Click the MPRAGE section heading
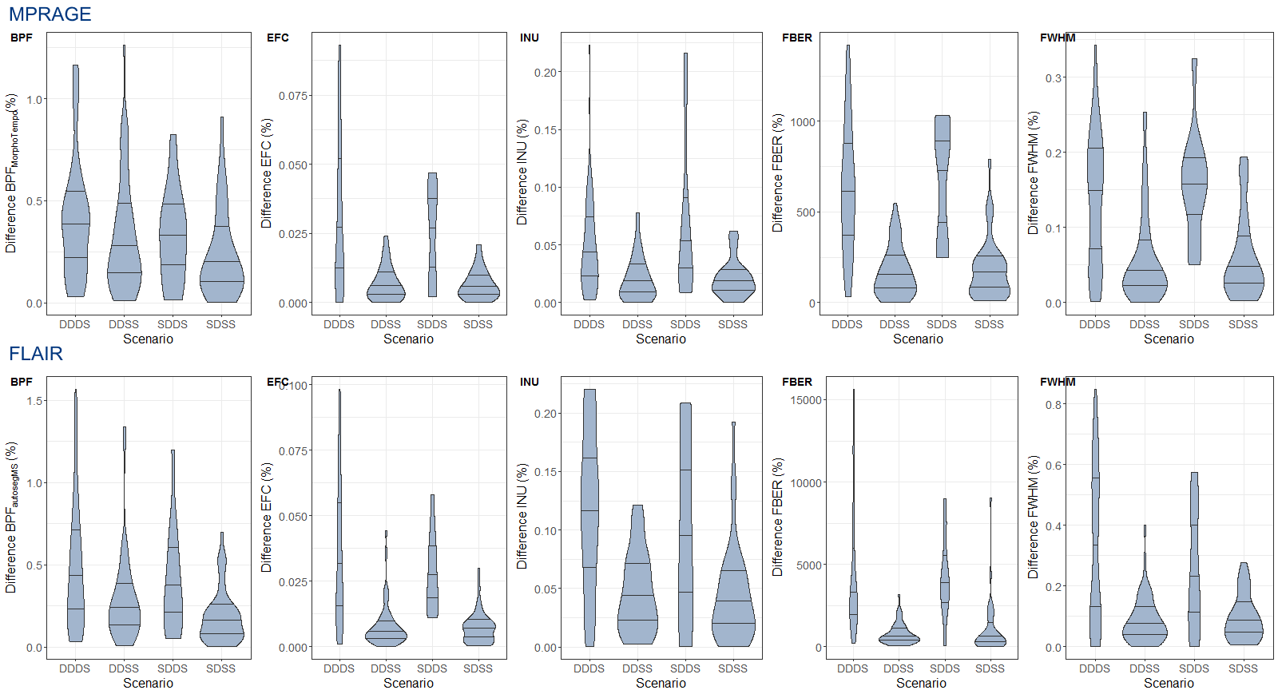point(50,14)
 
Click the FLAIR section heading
point(35,353)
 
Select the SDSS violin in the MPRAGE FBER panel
point(989,272)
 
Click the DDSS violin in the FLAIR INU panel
point(637,591)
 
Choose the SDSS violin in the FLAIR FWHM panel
point(1244,615)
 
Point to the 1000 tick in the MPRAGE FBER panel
point(803,122)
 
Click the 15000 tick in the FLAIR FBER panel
point(806,400)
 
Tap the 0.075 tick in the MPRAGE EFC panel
point(292,96)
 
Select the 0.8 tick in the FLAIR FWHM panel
point(1054,405)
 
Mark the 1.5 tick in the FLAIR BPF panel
point(35,401)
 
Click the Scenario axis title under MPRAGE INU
point(661,339)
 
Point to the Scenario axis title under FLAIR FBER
point(921,683)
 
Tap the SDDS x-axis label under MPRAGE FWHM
point(1193,324)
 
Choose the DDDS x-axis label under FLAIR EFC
point(339,668)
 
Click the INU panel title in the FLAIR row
point(529,382)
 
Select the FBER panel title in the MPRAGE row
point(796,38)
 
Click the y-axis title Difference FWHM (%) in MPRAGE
point(1033,173)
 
